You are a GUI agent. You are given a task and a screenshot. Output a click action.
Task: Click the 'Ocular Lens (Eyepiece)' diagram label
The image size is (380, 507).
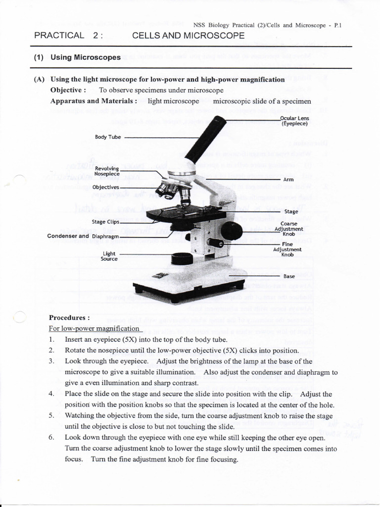(x=294, y=121)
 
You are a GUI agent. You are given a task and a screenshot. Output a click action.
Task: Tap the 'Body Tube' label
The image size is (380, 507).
(x=108, y=137)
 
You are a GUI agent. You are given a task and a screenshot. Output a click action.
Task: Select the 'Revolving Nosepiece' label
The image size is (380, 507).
(x=107, y=171)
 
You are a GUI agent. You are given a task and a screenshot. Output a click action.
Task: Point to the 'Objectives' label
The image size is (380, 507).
(x=106, y=187)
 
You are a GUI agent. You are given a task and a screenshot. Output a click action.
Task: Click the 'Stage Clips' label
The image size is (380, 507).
(x=105, y=222)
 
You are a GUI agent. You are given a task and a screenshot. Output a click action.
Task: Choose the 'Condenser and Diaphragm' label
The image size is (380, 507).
(x=83, y=236)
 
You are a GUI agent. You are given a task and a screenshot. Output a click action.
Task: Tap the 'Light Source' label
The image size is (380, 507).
(x=109, y=256)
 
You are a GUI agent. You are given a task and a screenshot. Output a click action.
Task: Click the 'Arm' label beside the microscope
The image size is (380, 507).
(x=288, y=180)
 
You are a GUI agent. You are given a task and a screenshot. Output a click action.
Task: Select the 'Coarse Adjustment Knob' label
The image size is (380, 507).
(x=289, y=229)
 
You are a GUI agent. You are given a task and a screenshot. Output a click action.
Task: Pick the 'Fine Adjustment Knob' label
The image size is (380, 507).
(x=287, y=250)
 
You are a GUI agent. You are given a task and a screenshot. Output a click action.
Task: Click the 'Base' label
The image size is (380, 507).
(x=289, y=276)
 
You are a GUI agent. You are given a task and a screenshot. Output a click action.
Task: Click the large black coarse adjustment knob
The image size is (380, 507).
(x=231, y=231)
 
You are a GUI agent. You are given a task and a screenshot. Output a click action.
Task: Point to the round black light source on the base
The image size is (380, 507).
(x=182, y=258)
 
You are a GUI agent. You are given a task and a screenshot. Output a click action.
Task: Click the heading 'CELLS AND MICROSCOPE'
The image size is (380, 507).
(x=189, y=36)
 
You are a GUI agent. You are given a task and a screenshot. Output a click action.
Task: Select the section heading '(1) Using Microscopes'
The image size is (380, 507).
(x=77, y=57)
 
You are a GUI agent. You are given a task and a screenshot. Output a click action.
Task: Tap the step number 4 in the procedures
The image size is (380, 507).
(x=51, y=394)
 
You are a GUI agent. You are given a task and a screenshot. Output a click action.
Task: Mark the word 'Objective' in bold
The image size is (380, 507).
(x=67, y=90)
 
